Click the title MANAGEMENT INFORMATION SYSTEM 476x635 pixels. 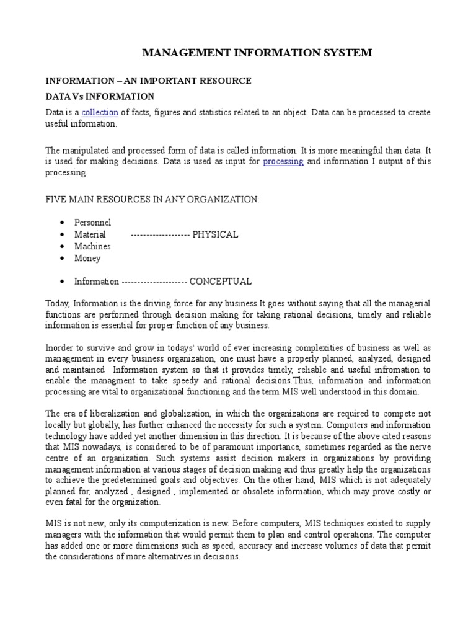point(257,53)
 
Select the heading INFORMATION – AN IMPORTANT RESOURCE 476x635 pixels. point(149,81)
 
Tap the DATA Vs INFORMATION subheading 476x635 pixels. point(100,96)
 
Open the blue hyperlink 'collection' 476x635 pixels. point(100,112)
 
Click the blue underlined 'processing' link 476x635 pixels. point(283,161)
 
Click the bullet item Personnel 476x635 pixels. point(92,222)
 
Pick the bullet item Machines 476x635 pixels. point(92,246)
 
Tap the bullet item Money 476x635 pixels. point(87,258)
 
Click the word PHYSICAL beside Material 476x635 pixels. point(215,234)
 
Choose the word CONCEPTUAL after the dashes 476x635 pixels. point(220,282)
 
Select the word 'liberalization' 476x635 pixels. point(114,414)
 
